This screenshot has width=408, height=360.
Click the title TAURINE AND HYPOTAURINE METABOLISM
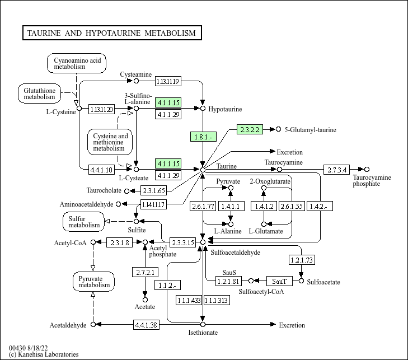coord(111,33)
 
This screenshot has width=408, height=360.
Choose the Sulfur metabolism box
coord(84,222)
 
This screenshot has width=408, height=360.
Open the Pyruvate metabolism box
coord(93,281)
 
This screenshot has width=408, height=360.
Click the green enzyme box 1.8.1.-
coord(203,137)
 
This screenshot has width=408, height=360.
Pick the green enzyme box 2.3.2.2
coord(250,129)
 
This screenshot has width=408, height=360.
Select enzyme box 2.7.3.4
coord(337,169)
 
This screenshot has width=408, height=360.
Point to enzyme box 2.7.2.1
coord(146,272)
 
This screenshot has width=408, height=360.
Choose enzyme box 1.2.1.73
coord(302,260)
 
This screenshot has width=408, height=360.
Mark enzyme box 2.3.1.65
coord(157,190)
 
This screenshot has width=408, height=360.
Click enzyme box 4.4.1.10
coord(101,169)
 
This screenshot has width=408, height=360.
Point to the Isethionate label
coord(203,333)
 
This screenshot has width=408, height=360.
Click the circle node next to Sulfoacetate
coord(302,281)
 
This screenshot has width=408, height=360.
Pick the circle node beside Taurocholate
coord(126,191)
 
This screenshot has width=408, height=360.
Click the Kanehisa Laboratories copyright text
coord(44,354)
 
